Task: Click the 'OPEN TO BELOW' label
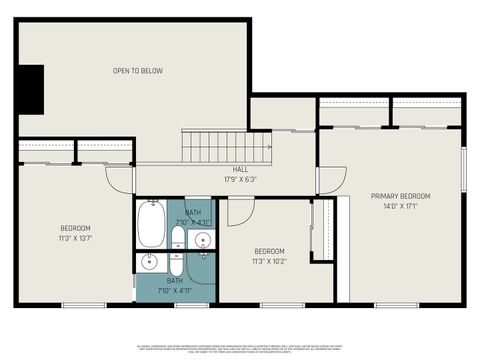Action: (x=138, y=71)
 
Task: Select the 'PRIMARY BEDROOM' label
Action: (x=400, y=196)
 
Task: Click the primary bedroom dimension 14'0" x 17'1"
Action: (x=400, y=207)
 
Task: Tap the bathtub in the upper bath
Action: (x=151, y=224)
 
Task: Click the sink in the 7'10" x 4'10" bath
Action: (x=203, y=239)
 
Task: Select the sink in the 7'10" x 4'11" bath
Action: (x=149, y=263)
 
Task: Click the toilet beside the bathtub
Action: (x=177, y=238)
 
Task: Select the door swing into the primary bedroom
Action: (x=325, y=180)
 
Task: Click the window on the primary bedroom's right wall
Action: (x=464, y=167)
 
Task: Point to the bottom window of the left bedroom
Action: (x=84, y=305)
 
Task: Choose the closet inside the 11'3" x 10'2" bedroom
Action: (x=322, y=230)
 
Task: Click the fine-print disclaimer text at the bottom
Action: (x=240, y=347)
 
